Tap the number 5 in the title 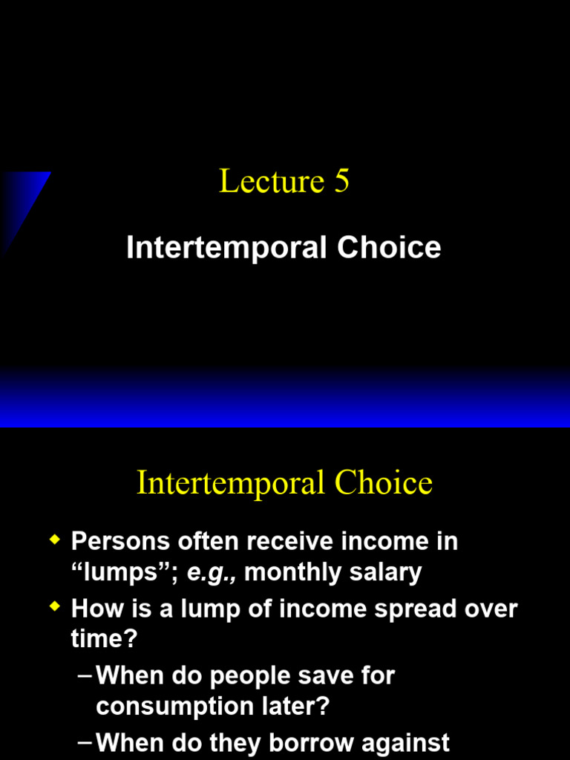pyautogui.click(x=341, y=182)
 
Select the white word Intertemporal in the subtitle pyautogui.click(x=226, y=248)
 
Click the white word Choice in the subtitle pyautogui.click(x=389, y=248)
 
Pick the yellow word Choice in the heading pyautogui.click(x=383, y=484)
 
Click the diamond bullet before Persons pyautogui.click(x=54, y=540)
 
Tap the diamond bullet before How pyautogui.click(x=54, y=607)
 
